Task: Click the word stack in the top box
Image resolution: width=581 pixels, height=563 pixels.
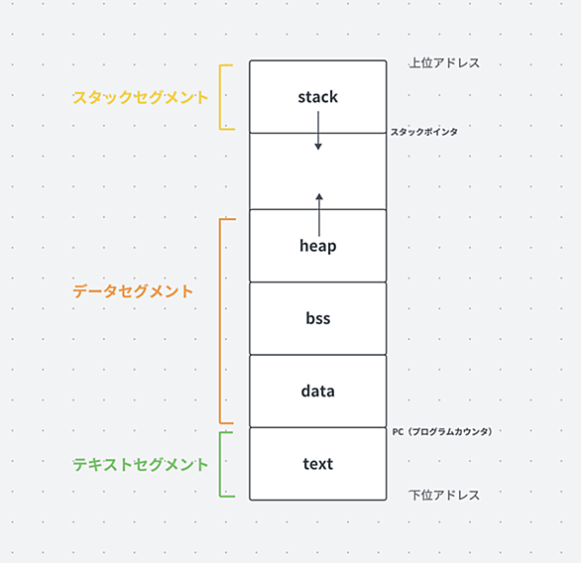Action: point(318,97)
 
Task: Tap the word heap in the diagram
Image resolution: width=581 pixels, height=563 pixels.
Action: point(318,246)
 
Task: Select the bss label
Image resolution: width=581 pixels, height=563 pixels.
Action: point(318,318)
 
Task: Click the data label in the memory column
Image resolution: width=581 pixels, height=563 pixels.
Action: point(318,392)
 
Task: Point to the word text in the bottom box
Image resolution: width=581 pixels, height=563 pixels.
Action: point(318,464)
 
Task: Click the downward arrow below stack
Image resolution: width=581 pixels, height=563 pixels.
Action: point(318,131)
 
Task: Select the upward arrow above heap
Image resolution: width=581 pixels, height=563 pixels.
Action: point(319,215)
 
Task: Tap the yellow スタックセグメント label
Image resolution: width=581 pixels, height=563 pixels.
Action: point(141,97)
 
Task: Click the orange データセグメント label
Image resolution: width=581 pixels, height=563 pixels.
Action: point(133,291)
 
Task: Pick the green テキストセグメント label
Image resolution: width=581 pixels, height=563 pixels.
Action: point(141,465)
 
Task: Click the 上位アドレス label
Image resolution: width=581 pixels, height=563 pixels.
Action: point(444,63)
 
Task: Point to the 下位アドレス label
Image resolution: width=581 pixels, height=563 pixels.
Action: point(444,496)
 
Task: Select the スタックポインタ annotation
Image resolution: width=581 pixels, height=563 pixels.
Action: point(424,132)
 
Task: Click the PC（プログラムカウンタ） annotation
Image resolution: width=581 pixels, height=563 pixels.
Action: point(442,432)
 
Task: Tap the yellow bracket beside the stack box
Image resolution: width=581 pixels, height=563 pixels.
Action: point(220,97)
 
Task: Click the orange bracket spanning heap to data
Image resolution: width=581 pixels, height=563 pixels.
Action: point(220,321)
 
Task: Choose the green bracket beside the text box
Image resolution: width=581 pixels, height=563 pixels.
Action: point(220,465)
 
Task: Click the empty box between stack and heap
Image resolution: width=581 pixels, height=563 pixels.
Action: point(318,171)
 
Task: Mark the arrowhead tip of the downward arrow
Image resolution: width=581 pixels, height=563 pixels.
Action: point(318,150)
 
